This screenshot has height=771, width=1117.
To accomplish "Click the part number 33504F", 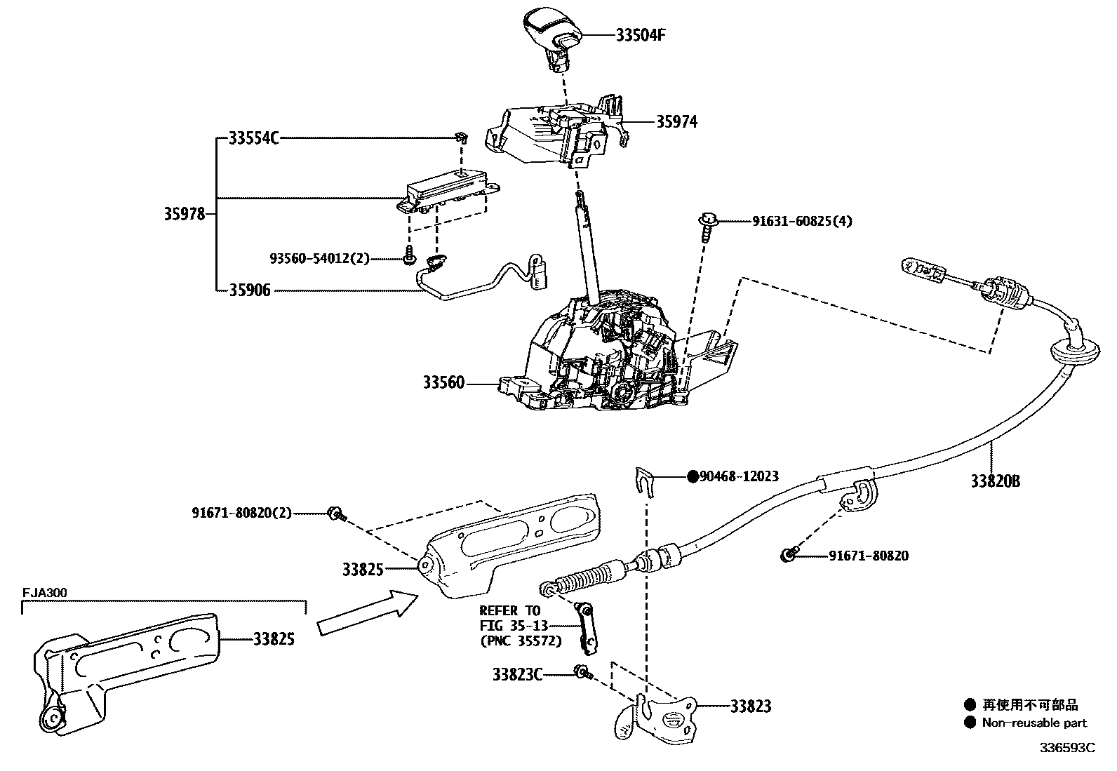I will pyautogui.click(x=639, y=35).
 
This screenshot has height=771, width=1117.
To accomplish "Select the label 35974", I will pyautogui.click(x=676, y=122).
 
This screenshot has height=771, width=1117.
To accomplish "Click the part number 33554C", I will pyautogui.click(x=253, y=139).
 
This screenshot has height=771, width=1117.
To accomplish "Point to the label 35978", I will pyautogui.click(x=185, y=214).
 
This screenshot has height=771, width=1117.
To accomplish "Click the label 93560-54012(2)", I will pyautogui.click(x=319, y=259).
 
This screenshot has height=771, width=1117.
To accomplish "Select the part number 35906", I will pyautogui.click(x=250, y=290).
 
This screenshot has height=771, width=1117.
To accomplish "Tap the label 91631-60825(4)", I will pyautogui.click(x=802, y=222).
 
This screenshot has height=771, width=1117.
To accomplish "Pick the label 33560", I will pyautogui.click(x=443, y=383).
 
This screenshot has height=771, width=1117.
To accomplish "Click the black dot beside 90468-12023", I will pyautogui.click(x=693, y=476).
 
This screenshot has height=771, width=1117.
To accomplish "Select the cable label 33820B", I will pyautogui.click(x=995, y=481).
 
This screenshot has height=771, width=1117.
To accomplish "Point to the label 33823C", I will pyautogui.click(x=517, y=674).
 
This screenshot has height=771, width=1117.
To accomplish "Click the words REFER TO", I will pyautogui.click(x=510, y=610).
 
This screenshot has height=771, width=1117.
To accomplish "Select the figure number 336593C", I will pyautogui.click(x=1067, y=747).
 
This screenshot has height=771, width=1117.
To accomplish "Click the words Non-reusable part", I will pyautogui.click(x=1034, y=723).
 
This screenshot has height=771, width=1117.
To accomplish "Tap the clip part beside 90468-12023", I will pyautogui.click(x=644, y=481).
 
